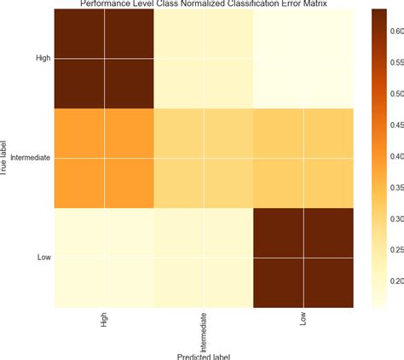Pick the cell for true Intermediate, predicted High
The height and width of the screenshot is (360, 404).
pos(105,159)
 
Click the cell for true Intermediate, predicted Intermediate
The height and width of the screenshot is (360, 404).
pos(205,159)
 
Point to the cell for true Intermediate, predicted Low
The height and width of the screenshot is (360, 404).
pos(304,159)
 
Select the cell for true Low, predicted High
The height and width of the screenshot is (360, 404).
pos(105,257)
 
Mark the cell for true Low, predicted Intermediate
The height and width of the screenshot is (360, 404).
pos(205,257)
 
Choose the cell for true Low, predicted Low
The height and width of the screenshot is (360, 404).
pos(304,257)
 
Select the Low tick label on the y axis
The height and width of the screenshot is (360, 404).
pos(44,257)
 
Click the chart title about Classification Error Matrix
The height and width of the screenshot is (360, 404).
pos(204,4)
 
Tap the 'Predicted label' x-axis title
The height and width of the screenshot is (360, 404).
pos(205,356)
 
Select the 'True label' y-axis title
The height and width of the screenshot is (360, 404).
pos(5,159)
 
